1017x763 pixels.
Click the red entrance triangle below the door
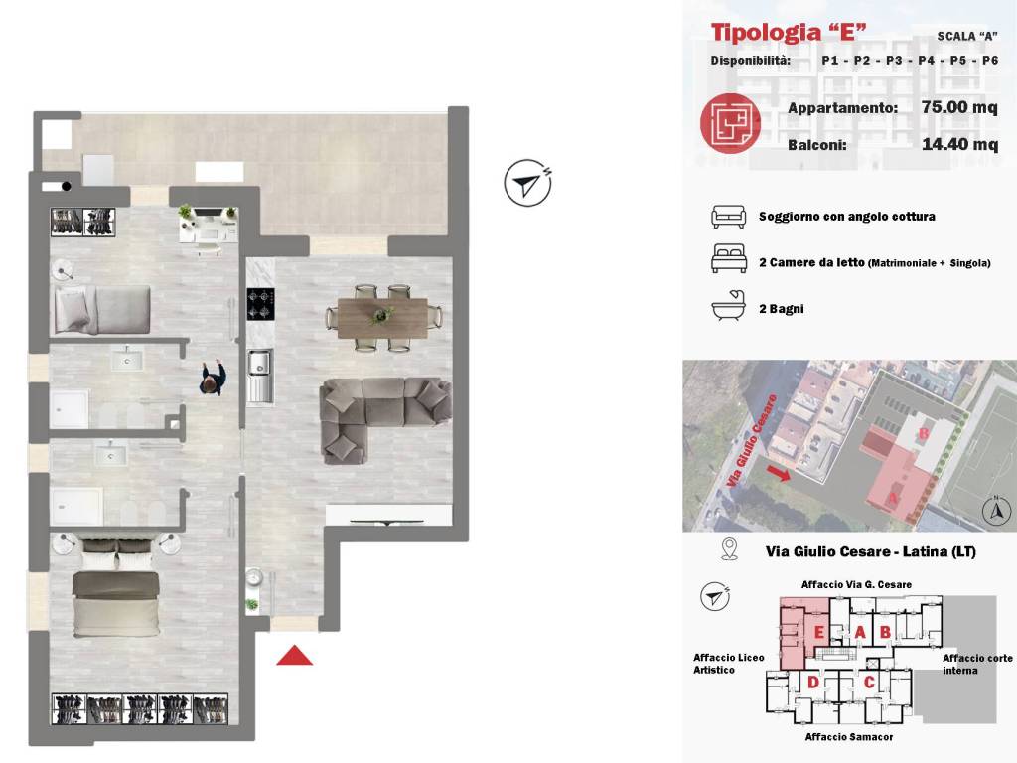294,657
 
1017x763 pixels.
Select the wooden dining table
382,318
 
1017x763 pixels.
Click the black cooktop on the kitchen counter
260,304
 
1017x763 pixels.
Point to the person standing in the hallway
213,379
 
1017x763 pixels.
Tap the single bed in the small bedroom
102,311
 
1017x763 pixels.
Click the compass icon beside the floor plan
528,183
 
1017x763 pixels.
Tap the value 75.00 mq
959,107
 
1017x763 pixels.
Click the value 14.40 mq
960,144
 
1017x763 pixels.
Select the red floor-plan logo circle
730,123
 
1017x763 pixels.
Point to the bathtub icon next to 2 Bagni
728,306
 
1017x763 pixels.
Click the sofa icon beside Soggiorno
728,217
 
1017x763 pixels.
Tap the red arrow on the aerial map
778,472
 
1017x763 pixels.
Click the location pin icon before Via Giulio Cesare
730,549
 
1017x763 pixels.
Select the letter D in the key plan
812,682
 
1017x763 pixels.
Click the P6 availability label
990,61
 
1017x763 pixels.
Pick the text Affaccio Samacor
849,737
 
